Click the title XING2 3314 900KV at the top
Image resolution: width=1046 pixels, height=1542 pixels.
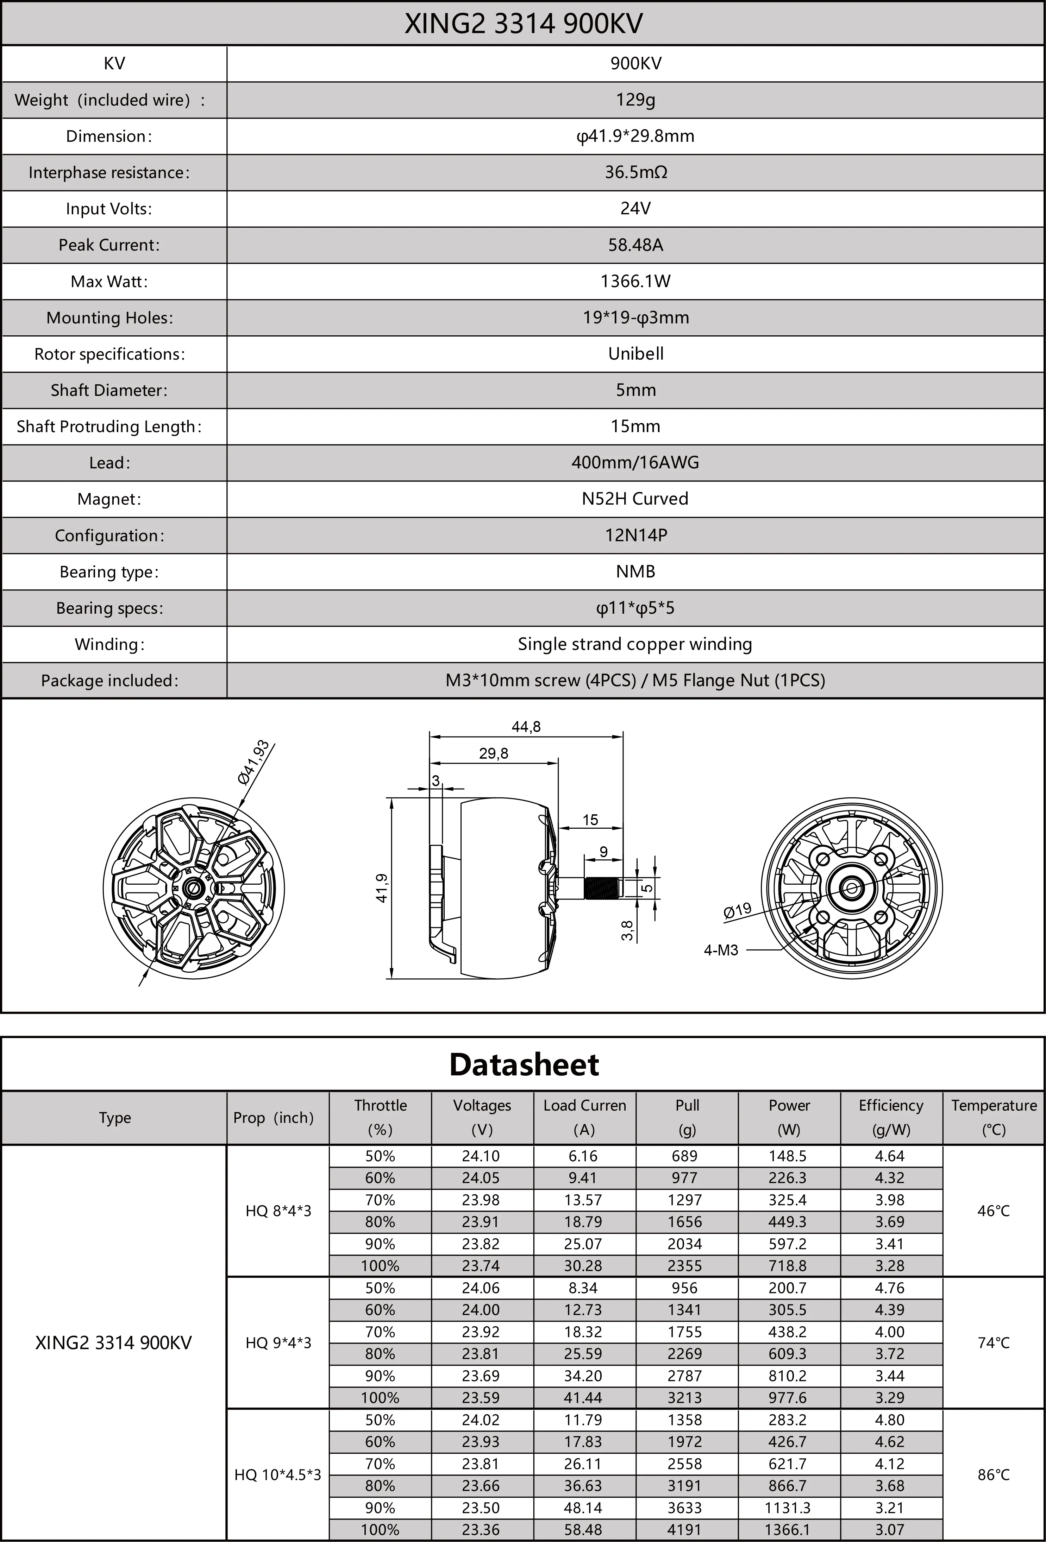[x=523, y=24]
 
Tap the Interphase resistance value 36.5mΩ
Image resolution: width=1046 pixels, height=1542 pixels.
[x=635, y=172]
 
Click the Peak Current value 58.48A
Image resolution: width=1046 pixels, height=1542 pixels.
[x=635, y=245]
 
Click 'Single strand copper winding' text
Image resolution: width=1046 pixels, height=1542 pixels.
[x=635, y=644]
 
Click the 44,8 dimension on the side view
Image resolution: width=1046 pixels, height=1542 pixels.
[x=526, y=727]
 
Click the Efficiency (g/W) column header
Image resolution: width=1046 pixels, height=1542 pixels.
[x=891, y=1117]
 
